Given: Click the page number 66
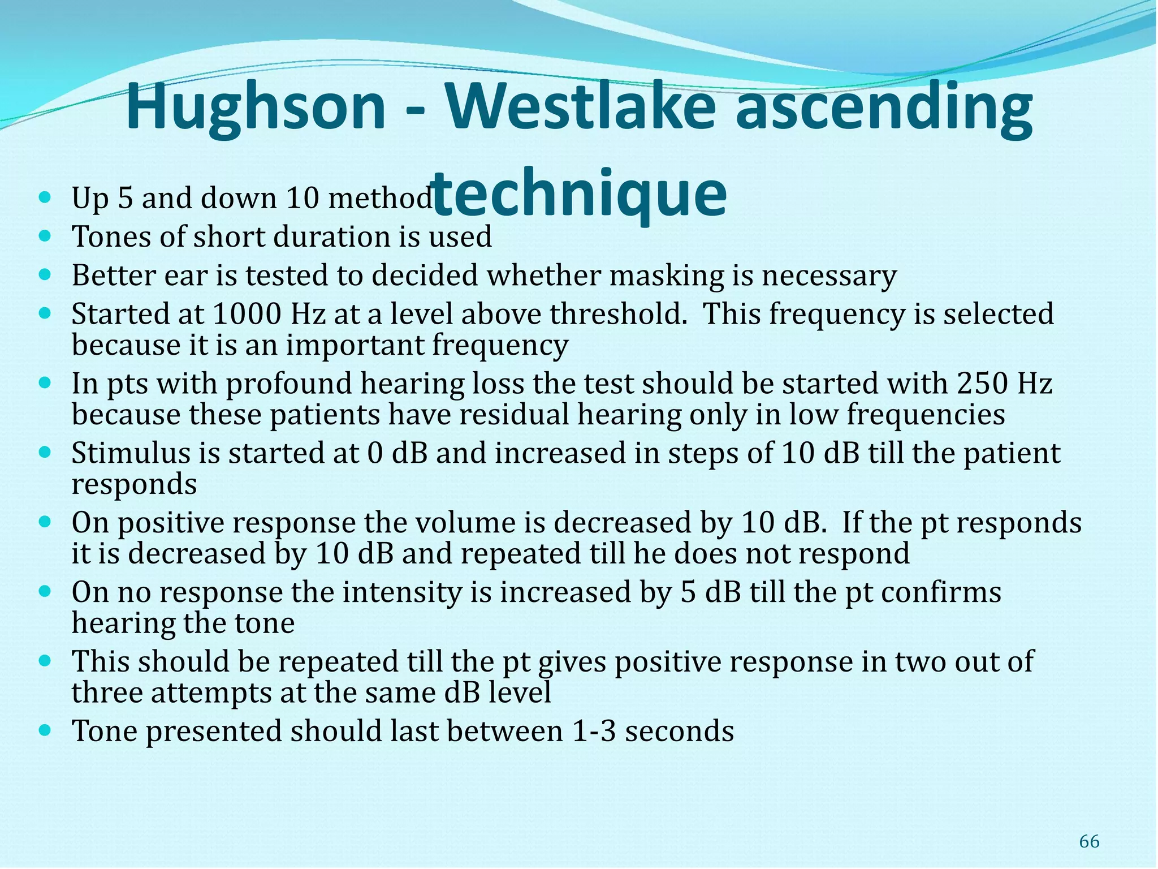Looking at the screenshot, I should tap(1089, 841).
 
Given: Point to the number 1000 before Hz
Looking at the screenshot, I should tap(247, 314).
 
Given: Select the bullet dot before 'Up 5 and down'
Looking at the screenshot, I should tap(46, 197).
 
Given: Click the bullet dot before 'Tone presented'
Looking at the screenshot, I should tap(46, 730).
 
